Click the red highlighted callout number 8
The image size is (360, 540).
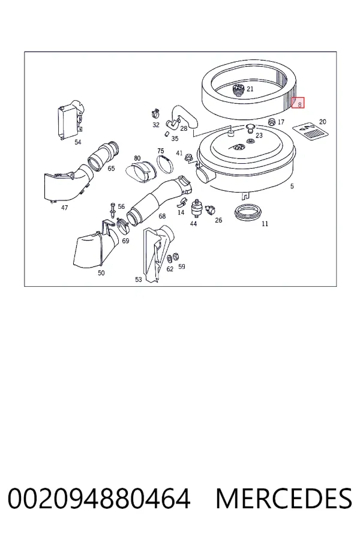click(298, 103)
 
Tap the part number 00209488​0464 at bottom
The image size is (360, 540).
click(99, 499)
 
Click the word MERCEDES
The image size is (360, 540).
click(284, 499)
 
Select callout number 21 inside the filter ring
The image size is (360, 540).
click(250, 89)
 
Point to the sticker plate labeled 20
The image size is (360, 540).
click(310, 131)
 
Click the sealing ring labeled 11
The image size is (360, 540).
click(247, 213)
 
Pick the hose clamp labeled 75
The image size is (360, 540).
click(165, 164)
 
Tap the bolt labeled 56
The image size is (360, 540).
click(113, 210)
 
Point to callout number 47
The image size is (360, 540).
click(64, 208)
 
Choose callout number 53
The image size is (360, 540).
click(138, 279)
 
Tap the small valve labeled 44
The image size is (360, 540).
click(196, 208)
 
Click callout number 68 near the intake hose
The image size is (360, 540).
click(162, 216)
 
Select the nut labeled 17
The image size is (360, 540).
click(272, 122)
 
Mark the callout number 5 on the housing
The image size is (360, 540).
click(292, 187)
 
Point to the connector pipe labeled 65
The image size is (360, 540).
click(104, 157)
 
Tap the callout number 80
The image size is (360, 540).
click(137, 158)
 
